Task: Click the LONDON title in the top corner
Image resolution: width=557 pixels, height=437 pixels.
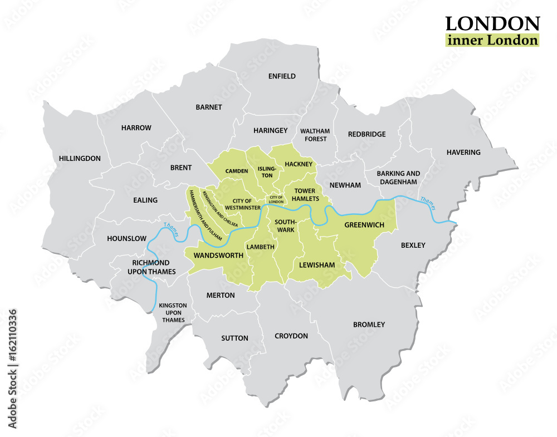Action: coord(492,23)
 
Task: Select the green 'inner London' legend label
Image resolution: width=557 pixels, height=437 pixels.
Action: coord(492,40)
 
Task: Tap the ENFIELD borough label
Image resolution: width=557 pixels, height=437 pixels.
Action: coord(282,76)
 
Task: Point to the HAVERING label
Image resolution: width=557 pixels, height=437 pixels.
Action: coord(463,152)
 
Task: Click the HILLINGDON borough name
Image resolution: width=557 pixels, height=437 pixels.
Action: coord(80,158)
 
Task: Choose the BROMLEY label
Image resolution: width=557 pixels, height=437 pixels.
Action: coord(369,324)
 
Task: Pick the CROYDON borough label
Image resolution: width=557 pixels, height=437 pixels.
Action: coord(291,336)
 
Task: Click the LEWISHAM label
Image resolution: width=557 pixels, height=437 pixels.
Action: coord(317,265)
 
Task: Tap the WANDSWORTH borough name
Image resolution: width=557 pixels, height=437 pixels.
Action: coord(218,255)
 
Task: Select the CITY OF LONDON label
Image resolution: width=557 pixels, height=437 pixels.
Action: coord(276,200)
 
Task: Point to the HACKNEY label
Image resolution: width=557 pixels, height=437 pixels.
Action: coord(299,164)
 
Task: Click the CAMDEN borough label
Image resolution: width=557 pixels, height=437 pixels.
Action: coord(237,171)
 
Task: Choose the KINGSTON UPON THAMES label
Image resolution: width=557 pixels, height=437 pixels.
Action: coord(173,313)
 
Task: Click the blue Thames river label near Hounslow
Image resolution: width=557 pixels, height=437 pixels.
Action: coord(170,230)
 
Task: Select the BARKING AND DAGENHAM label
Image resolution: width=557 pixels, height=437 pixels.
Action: coord(398,178)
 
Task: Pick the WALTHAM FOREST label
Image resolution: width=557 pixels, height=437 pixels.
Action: coord(315,135)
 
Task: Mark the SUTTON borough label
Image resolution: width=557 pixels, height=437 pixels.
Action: coord(234,338)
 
